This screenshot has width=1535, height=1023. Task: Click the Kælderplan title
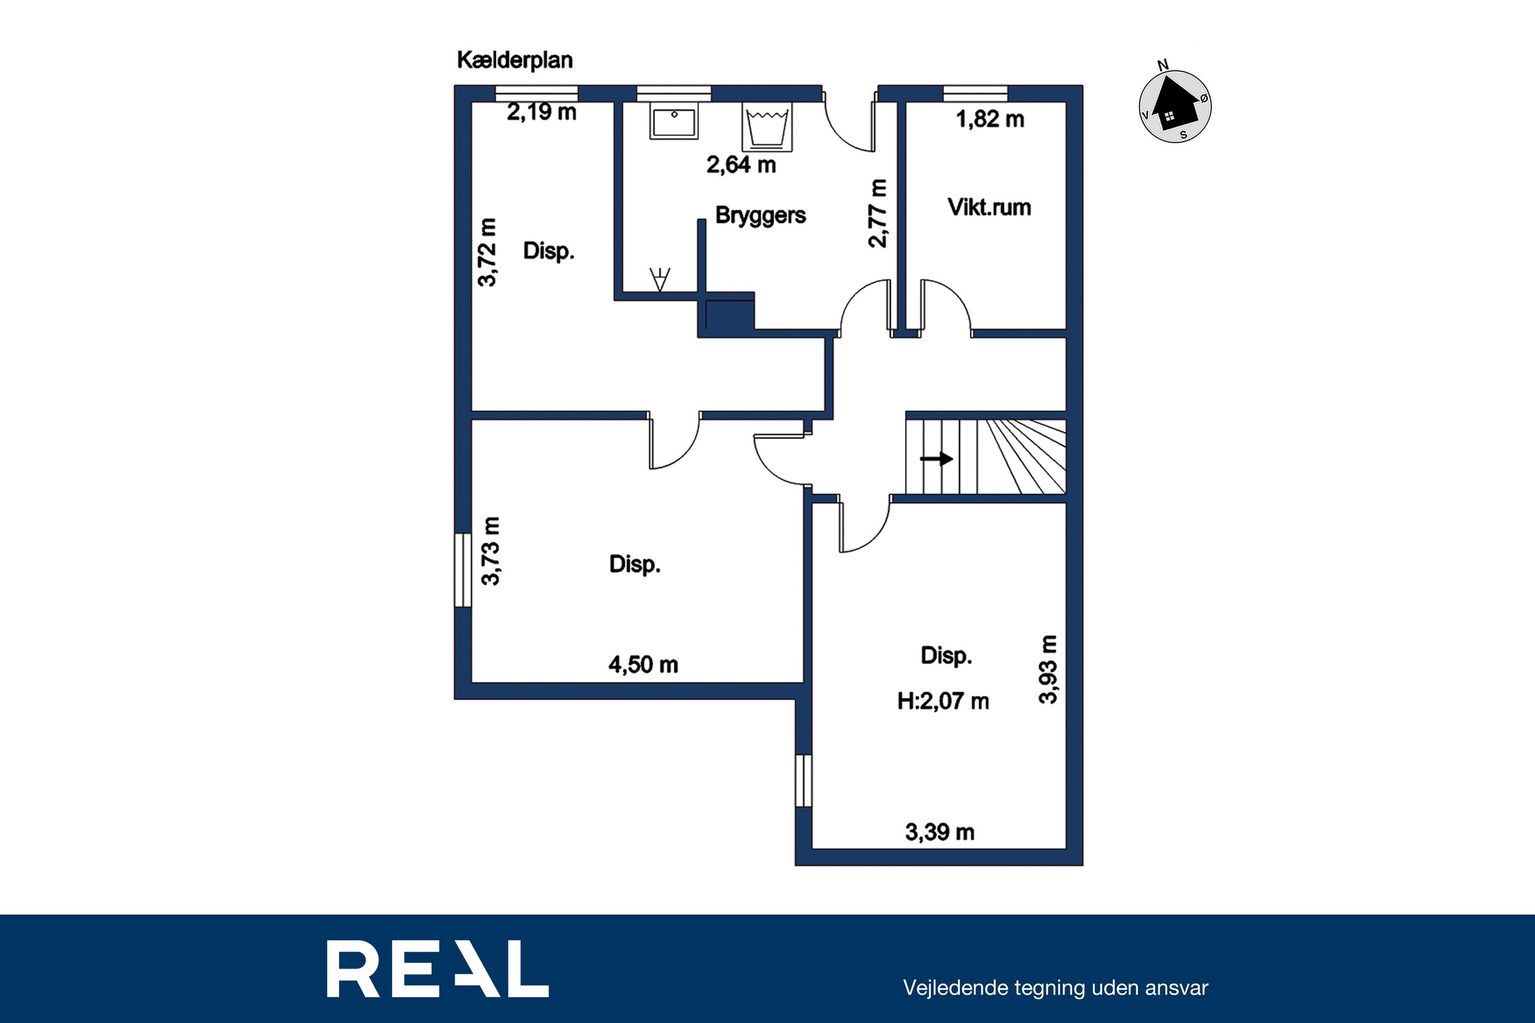(515, 61)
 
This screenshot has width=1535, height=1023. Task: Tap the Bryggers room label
(760, 215)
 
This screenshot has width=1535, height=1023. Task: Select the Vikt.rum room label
(989, 207)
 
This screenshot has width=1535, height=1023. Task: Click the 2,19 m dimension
(541, 112)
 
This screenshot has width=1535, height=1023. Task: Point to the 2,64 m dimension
(741, 165)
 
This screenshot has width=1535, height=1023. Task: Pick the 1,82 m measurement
(989, 119)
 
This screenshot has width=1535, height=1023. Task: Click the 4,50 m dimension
(644, 665)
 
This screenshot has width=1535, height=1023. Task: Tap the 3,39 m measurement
(939, 832)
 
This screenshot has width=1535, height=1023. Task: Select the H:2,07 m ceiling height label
(943, 701)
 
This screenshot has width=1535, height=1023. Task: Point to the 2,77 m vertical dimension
(877, 213)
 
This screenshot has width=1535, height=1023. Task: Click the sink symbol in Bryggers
(674, 120)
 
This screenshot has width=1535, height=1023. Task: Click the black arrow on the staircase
(936, 459)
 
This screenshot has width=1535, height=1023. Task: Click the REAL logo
(437, 969)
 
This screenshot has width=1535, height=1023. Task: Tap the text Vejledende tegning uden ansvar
(1056, 988)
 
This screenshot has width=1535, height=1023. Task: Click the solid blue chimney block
(729, 315)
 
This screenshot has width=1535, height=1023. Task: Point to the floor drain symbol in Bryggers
(660, 279)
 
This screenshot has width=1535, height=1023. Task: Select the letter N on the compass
(1162, 64)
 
